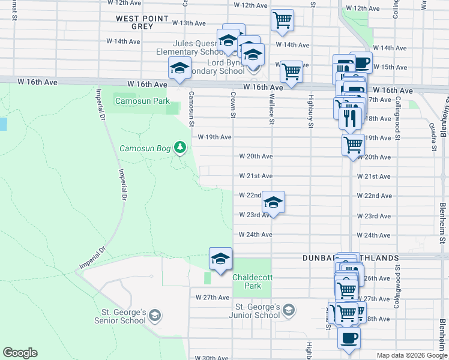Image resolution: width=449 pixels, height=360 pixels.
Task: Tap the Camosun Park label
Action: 142,101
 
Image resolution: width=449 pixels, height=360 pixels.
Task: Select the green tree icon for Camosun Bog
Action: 179,147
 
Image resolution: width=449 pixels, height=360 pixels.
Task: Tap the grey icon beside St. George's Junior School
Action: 288,310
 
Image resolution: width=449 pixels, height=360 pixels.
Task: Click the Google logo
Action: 20,353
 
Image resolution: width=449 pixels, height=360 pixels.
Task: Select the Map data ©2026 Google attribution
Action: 412,355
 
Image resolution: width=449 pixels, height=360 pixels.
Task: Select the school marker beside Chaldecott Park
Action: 220,259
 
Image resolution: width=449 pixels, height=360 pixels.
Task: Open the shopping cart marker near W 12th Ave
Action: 282,19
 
